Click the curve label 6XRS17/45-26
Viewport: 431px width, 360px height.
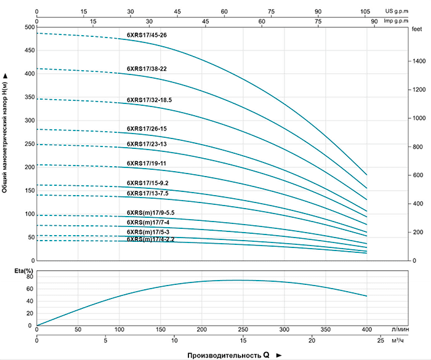147,36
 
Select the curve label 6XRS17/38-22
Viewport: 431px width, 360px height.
147,69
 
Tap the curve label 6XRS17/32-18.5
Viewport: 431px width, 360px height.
149,100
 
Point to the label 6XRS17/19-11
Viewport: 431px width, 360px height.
147,164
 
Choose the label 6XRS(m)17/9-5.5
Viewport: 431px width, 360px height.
151,213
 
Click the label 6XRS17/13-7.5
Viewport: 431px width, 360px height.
148,193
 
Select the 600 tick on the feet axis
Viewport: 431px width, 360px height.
417,175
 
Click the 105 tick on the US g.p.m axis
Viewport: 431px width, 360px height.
365,11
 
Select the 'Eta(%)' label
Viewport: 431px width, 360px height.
14,271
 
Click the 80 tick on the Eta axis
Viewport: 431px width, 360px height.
29,277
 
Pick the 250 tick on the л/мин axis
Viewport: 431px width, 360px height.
243,329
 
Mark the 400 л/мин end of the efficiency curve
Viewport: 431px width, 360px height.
367,296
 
